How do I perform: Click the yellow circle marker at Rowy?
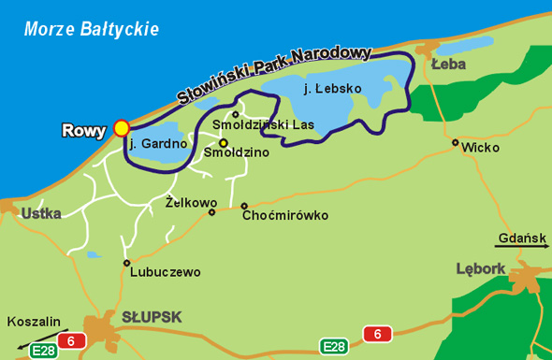click(x=122, y=128)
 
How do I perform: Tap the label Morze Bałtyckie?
click(x=92, y=30)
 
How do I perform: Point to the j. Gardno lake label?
click(x=154, y=144)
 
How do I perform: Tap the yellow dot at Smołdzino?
click(x=223, y=143)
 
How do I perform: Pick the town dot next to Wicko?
click(x=456, y=143)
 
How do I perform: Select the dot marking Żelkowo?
click(x=212, y=212)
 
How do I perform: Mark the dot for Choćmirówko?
click(x=244, y=207)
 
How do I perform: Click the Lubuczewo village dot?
click(x=126, y=263)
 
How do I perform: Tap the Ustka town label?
click(x=40, y=213)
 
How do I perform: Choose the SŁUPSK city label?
click(x=153, y=316)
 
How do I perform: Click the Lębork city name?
click(x=480, y=268)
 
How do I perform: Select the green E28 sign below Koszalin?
click(x=43, y=352)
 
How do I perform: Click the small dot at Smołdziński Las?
click(x=235, y=114)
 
